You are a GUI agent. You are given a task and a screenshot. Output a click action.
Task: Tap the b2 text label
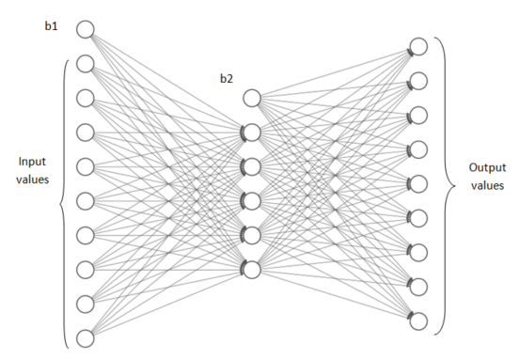pos(227,78)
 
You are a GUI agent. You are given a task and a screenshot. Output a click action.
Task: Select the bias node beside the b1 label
pos(85,30)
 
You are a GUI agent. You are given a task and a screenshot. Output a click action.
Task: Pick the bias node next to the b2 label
pos(251,98)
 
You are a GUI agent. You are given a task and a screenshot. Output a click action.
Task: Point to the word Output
pos(486,167)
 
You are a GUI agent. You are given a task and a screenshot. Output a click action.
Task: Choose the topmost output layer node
pos(419,46)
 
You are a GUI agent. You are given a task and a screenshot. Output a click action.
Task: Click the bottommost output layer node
pos(419,321)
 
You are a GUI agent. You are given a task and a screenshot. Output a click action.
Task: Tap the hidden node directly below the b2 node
pos(251,133)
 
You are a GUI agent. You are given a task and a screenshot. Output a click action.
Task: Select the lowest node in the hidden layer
pos(251,269)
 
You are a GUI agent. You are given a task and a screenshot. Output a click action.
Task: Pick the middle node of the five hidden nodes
pos(251,201)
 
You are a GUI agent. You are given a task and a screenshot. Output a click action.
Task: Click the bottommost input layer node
pos(85,338)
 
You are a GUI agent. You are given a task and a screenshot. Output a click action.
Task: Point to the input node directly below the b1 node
pos(85,64)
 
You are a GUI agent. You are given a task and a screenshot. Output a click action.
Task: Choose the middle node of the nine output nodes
pos(419,183)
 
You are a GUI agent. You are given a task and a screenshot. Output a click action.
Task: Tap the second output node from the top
pos(419,81)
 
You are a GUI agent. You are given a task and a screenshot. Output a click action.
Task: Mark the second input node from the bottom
pos(85,305)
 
